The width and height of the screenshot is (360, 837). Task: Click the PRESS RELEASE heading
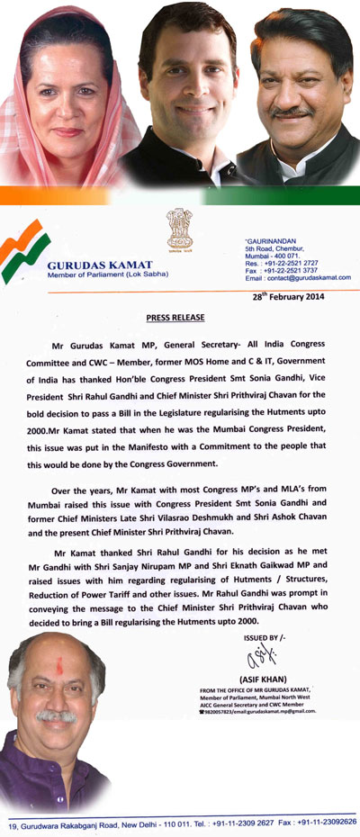[x=175, y=318]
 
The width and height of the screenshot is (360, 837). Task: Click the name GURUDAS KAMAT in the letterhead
[x=101, y=267]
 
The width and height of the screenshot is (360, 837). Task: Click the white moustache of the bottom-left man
[x=56, y=717]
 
